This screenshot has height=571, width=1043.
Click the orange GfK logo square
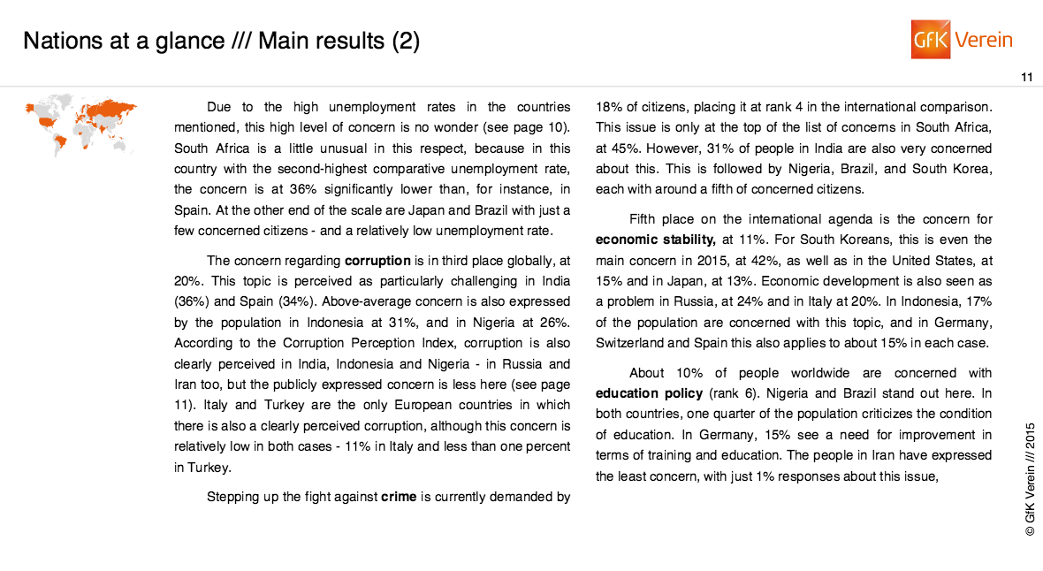930,40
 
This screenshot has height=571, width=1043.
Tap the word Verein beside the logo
984,40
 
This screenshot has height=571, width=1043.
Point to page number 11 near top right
1026,78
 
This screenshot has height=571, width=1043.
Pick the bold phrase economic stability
654,240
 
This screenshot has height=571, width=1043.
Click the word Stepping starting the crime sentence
234,497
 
